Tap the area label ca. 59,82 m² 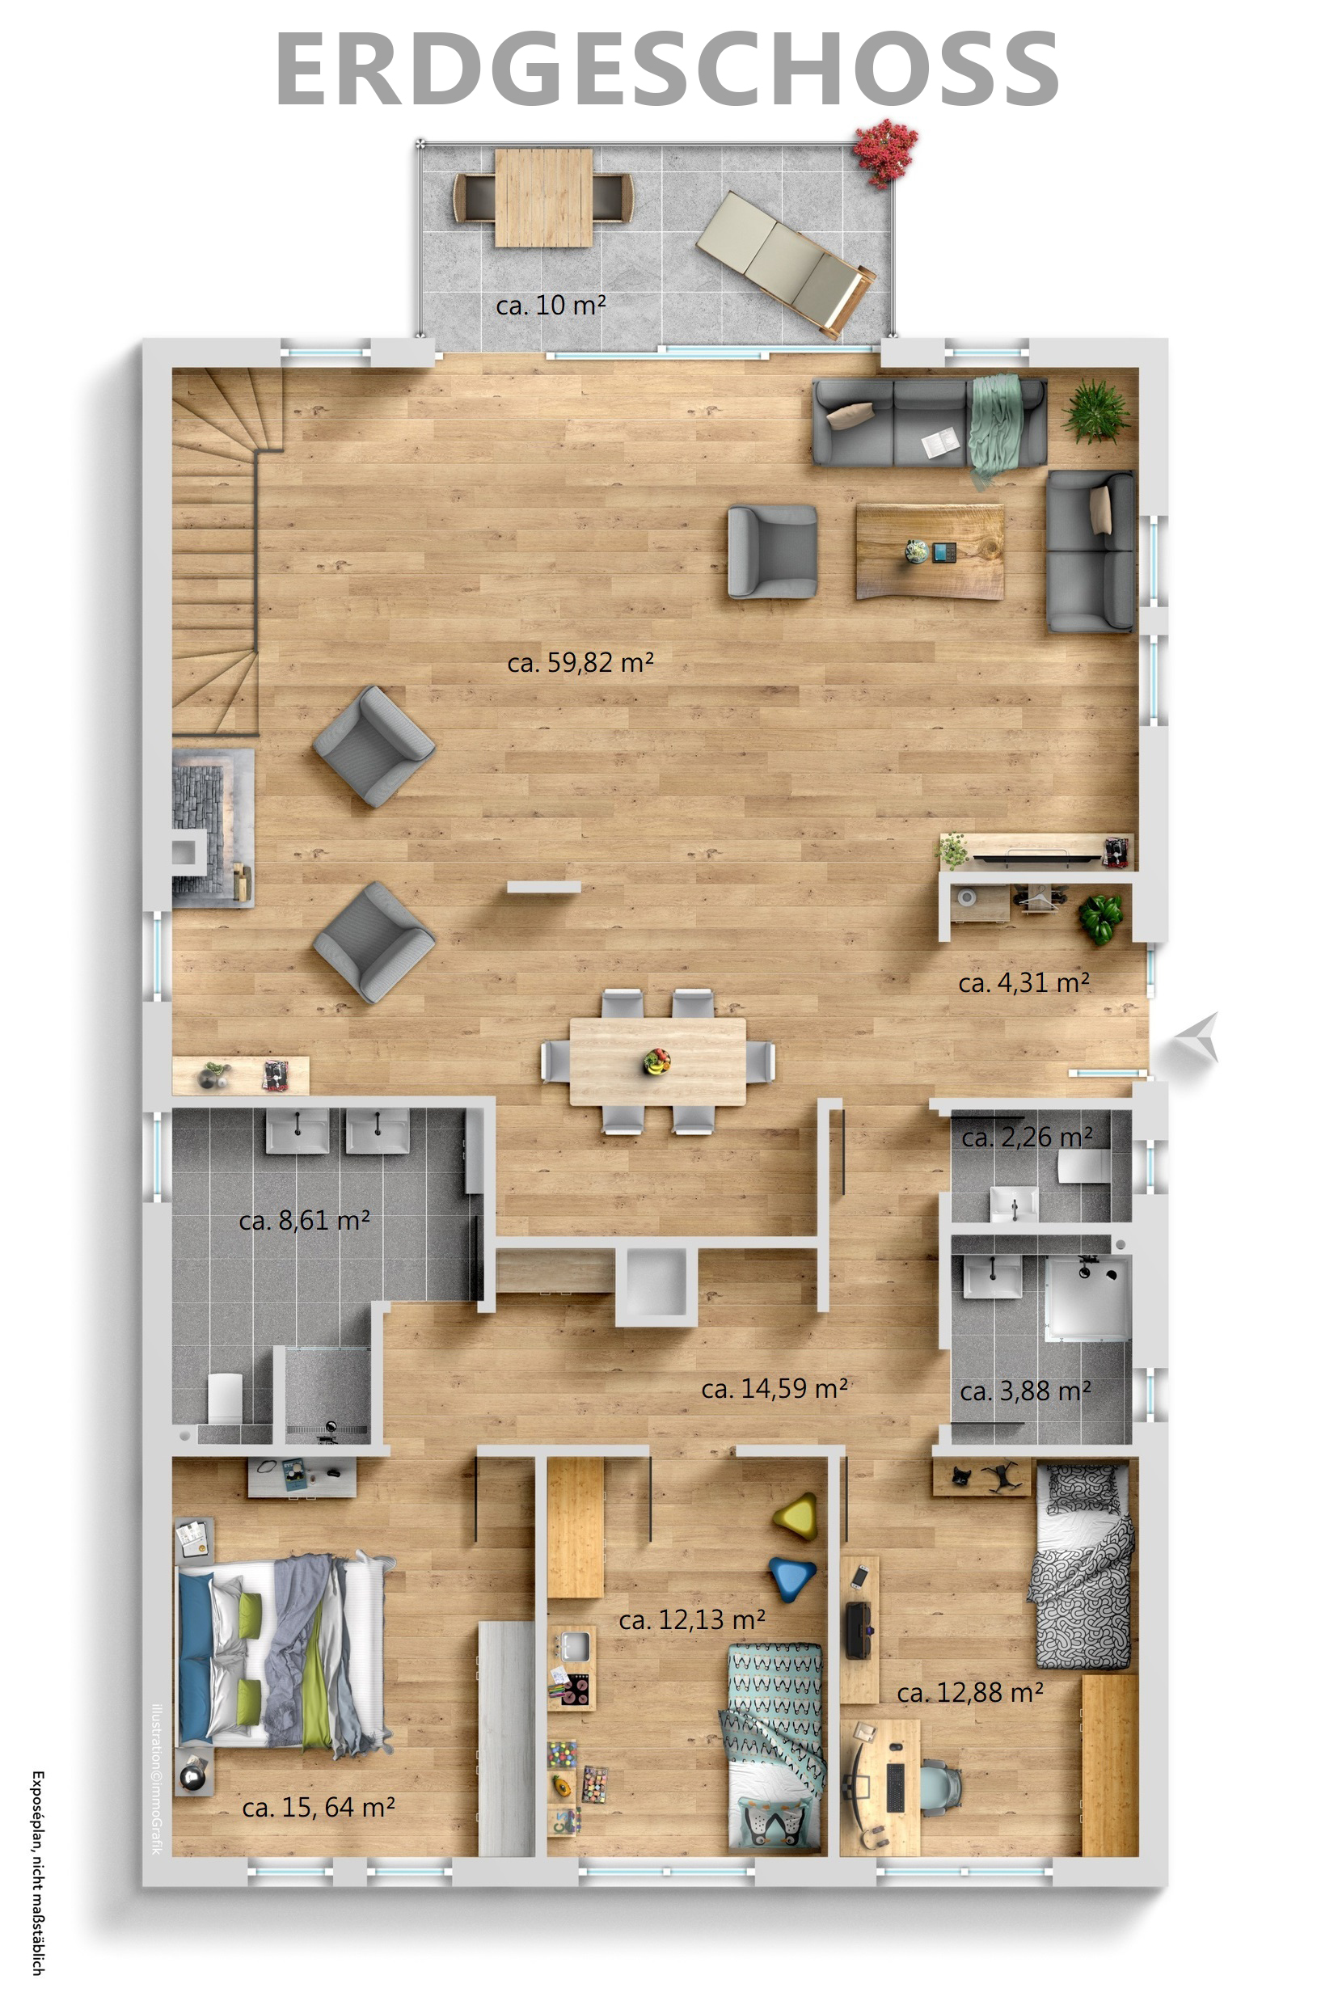[580, 663]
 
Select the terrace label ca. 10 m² [551, 305]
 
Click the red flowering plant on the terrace [886, 152]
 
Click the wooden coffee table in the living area [929, 551]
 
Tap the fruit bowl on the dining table [656, 1062]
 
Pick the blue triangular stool [794, 1578]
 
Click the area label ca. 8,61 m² [305, 1221]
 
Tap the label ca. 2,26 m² [1027, 1138]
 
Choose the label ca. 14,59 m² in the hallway [774, 1389]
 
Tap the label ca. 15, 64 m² [319, 1807]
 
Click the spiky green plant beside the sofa [1095, 412]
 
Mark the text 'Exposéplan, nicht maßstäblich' [37, 1872]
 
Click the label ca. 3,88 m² [1025, 1391]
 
